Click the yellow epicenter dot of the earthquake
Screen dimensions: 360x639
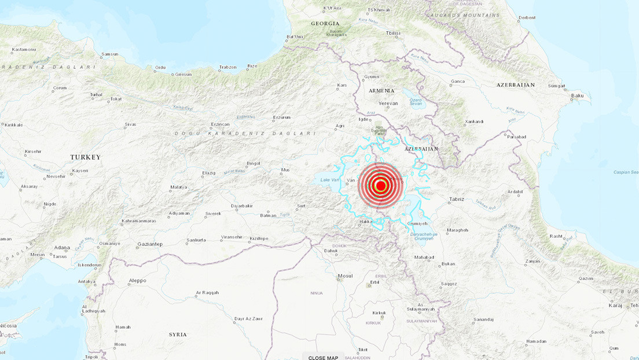pos(381,186)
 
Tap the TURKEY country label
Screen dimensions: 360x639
pos(86,157)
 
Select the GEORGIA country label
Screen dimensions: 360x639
pos(325,24)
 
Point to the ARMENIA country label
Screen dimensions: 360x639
pos(381,91)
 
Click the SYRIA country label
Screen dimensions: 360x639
pos(178,335)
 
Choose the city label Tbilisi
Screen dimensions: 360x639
pos(393,34)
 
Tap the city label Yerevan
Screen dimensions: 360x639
pos(388,103)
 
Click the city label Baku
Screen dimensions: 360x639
pos(577,95)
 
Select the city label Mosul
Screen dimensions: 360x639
pos(345,276)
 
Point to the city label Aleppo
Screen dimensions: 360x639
pos(138,281)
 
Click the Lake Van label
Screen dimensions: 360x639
pos(328,180)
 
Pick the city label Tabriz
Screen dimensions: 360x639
pos(457,200)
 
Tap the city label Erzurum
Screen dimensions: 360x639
pos(282,117)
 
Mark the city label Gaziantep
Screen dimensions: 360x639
pos(150,244)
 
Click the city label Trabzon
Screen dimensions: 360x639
pos(228,67)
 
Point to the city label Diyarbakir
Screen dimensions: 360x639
pos(242,205)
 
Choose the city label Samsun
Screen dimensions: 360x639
pos(109,54)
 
